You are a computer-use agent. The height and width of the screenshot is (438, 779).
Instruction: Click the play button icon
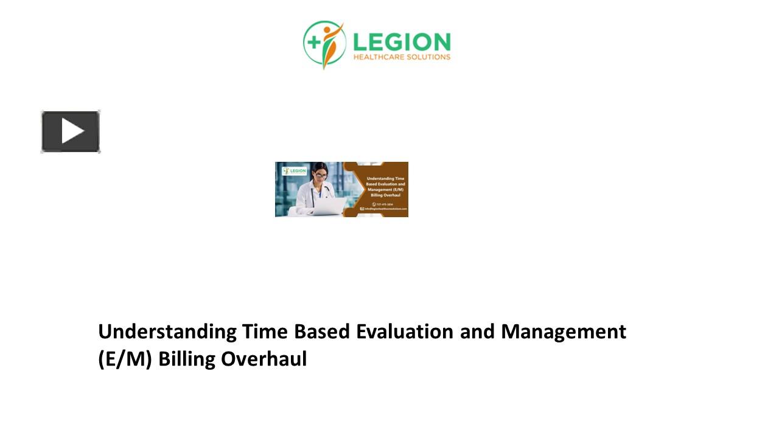point(71,131)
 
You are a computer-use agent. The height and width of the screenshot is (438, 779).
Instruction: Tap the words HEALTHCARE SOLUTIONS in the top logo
point(402,57)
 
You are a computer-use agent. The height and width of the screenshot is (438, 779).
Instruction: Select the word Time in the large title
point(265,332)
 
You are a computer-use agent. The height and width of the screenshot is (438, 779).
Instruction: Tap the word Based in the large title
point(323,332)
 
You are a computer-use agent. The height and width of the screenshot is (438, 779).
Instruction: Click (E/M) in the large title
point(125,360)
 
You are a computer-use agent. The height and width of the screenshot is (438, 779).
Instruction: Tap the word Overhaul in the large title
point(264,360)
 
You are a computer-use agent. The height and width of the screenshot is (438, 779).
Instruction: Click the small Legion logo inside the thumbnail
point(295,171)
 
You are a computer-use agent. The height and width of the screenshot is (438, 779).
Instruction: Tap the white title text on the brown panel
point(385,187)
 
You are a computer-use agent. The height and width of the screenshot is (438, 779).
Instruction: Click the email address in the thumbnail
point(385,209)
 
